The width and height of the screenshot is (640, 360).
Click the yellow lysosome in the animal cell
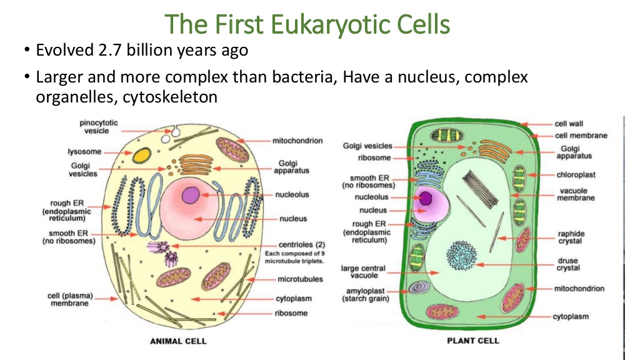[142, 156]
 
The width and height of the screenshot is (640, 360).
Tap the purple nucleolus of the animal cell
[191, 195]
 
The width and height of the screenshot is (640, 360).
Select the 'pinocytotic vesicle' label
[98, 126]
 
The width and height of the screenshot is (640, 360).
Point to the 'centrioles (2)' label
[302, 244]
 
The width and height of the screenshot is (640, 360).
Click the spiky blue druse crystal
[462, 256]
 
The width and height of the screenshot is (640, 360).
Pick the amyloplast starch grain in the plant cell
[419, 287]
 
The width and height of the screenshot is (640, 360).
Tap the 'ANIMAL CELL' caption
[178, 341]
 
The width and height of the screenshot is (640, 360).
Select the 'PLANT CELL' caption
[473, 341]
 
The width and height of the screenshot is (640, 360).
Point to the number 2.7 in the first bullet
[110, 50]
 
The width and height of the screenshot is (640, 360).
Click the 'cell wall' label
[569, 124]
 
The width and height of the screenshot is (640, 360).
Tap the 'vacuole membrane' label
[576, 194]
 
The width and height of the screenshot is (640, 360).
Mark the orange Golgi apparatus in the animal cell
[196, 165]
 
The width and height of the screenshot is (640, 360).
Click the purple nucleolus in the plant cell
[425, 198]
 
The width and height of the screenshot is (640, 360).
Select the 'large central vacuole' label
[363, 272]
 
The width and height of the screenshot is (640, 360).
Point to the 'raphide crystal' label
[571, 237]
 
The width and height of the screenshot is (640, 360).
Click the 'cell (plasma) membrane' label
[70, 299]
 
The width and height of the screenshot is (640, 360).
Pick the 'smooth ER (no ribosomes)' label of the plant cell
[369, 181]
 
